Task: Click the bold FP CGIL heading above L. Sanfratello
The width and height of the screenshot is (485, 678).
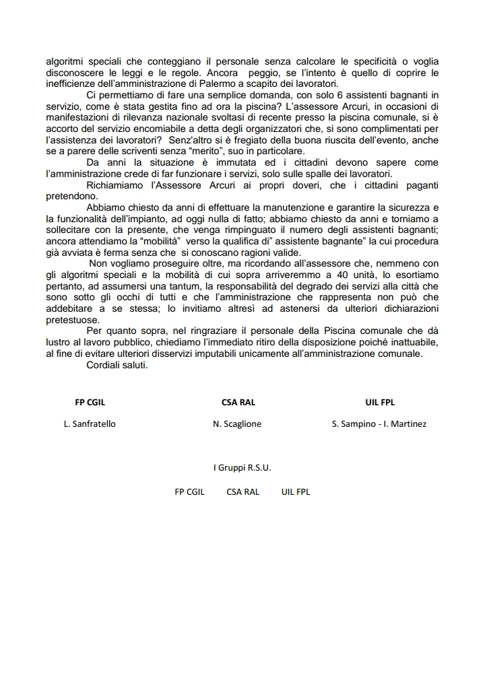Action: pyautogui.click(x=90, y=403)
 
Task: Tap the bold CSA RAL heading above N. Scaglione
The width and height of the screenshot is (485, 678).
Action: pyautogui.click(x=238, y=403)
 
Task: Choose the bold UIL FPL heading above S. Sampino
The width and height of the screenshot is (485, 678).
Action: pyautogui.click(x=379, y=403)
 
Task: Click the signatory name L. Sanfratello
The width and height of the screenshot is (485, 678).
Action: pyautogui.click(x=90, y=424)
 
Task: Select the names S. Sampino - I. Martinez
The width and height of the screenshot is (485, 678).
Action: pyautogui.click(x=379, y=424)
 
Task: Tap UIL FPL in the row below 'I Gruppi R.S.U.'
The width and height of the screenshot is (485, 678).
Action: pyautogui.click(x=296, y=491)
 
